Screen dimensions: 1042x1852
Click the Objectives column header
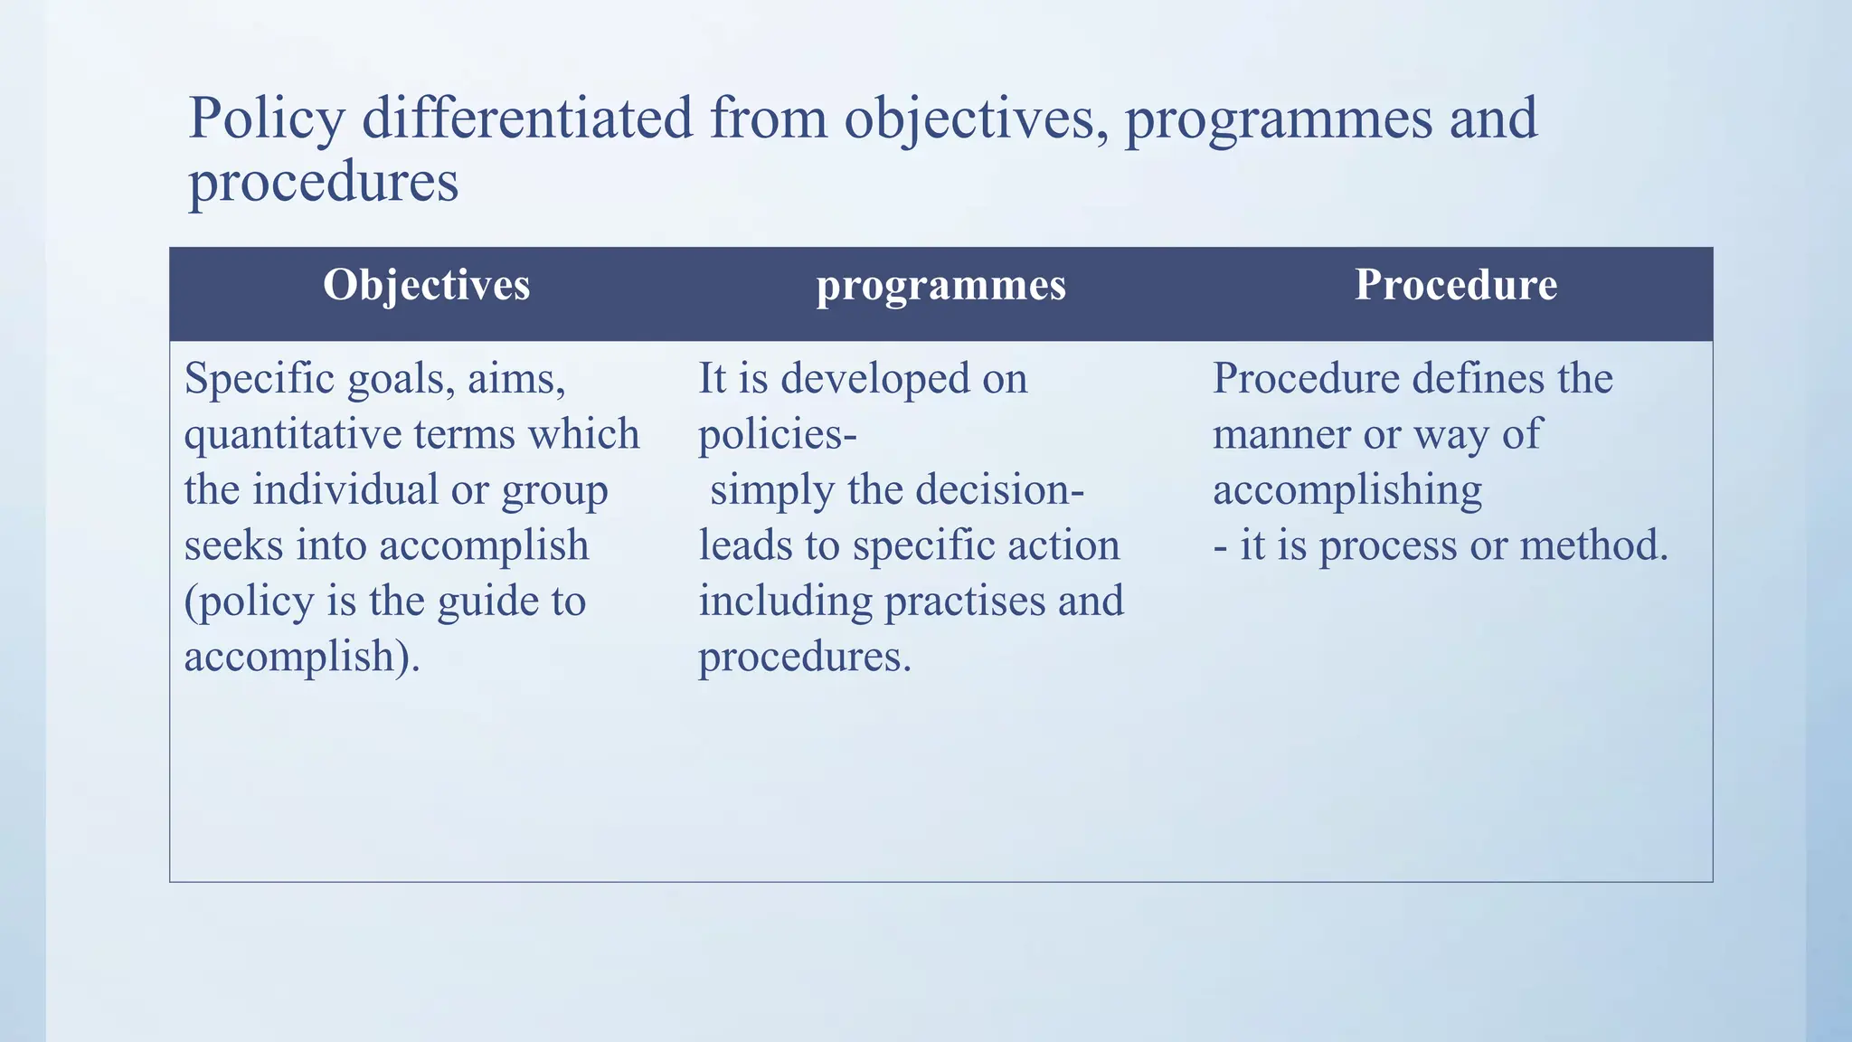click(x=426, y=286)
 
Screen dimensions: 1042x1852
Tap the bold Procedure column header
click(x=1455, y=286)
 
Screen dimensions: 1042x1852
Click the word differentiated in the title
click(x=527, y=118)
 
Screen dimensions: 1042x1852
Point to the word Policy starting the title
click(x=266, y=120)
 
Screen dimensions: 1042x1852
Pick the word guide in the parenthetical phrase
click(x=478, y=602)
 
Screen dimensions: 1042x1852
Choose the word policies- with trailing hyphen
click(x=778, y=435)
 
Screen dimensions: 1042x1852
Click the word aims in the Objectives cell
click(x=515, y=379)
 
